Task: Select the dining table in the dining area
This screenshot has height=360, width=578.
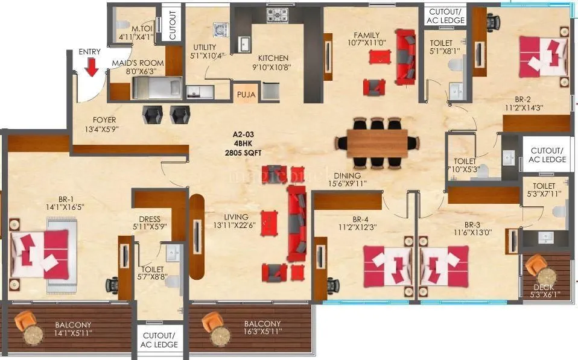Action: pyautogui.click(x=378, y=142)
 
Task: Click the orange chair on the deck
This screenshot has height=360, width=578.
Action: pyautogui.click(x=535, y=265)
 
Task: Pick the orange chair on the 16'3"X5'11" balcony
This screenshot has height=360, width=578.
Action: pyautogui.click(x=212, y=323)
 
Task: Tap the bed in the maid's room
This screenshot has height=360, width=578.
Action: pyautogui.click(x=158, y=89)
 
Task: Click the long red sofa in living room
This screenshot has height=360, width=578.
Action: pyautogui.click(x=296, y=223)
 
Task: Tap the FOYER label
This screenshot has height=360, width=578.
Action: pyautogui.click(x=104, y=120)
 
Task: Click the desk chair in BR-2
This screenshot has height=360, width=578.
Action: pyautogui.click(x=495, y=22)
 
